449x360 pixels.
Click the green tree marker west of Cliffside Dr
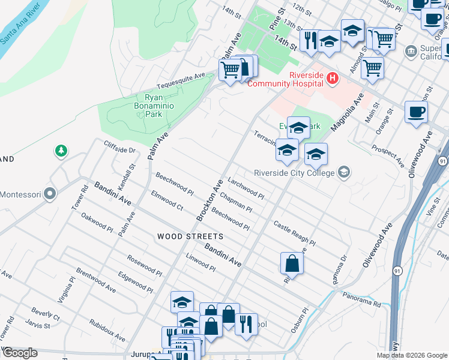click(61, 151)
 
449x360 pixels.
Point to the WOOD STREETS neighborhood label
click(190, 237)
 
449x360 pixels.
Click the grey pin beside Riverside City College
click(343, 173)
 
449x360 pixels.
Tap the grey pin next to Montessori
click(50, 194)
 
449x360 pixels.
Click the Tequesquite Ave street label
click(181, 80)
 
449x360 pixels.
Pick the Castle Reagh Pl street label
click(294, 234)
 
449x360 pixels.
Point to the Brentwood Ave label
click(96, 280)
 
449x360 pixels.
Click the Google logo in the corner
click(19, 353)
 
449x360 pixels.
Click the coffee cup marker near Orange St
click(416, 112)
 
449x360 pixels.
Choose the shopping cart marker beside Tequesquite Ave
click(230, 70)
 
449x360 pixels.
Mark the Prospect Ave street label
click(388, 155)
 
